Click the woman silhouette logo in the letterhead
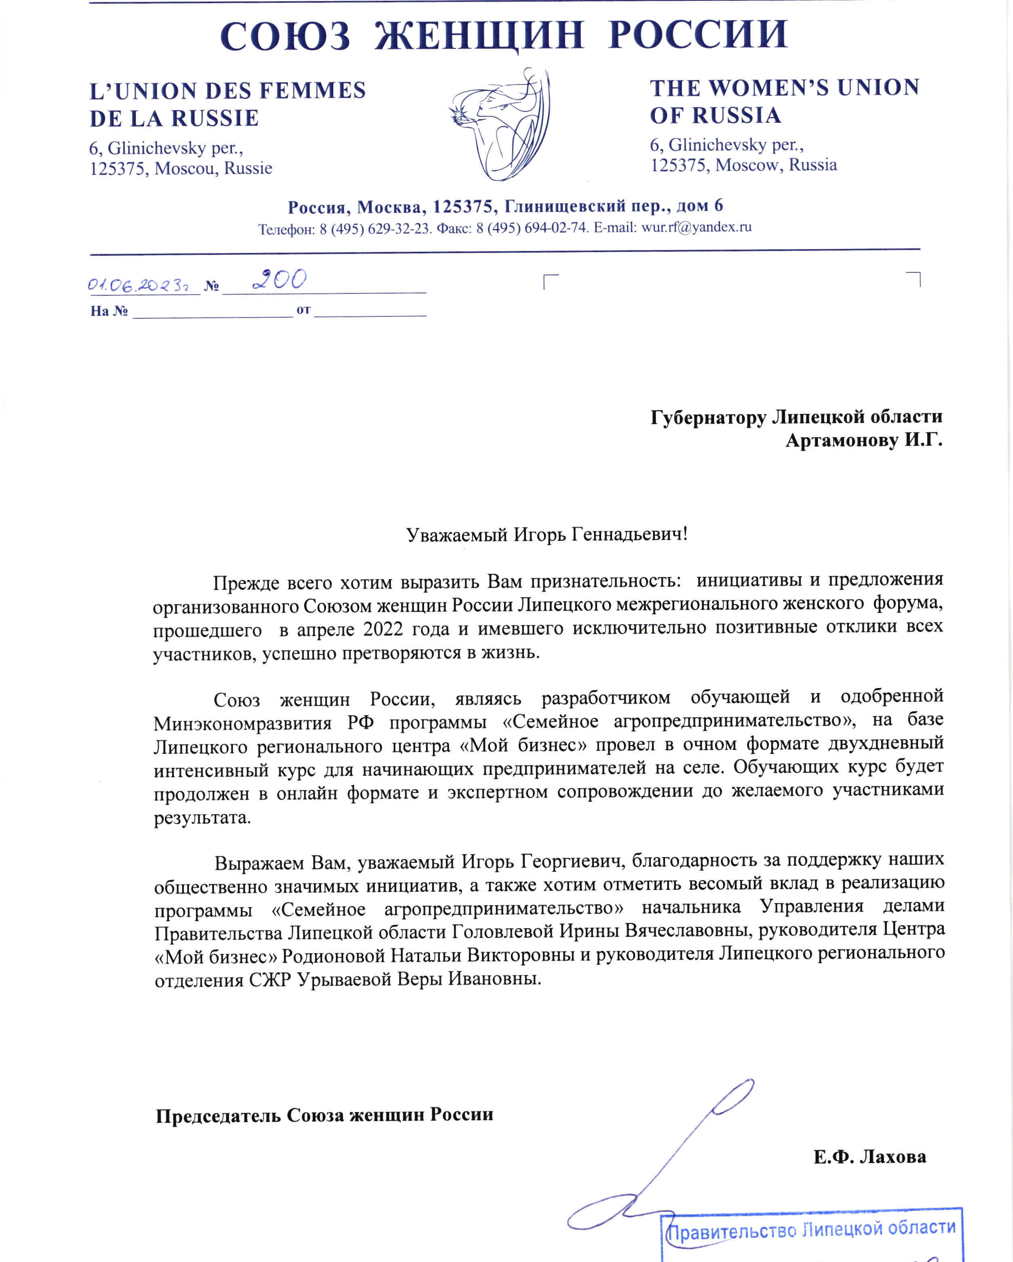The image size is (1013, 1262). tap(501, 123)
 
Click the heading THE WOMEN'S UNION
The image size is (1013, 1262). tap(784, 88)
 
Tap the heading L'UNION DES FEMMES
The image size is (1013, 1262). tap(227, 91)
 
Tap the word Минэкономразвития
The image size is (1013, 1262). tap(243, 723)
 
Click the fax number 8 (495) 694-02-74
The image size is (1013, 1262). tap(532, 228)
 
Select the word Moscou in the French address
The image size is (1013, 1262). tap(186, 169)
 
